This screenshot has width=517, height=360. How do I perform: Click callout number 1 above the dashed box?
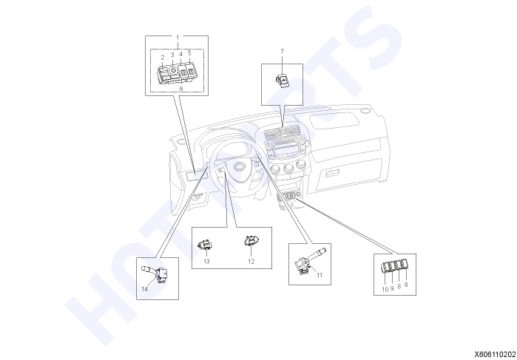click(178, 37)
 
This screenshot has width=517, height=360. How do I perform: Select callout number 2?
click(163, 58)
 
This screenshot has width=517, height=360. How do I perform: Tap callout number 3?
click(172, 55)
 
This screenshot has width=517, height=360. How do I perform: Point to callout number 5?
click(189, 52)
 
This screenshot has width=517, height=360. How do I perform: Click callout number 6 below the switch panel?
click(180, 89)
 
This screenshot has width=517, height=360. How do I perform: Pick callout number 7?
click(283, 51)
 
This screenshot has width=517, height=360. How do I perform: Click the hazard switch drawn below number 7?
click(283, 79)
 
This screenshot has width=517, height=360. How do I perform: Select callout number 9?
click(392, 288)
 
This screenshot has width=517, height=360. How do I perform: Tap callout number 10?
click(385, 290)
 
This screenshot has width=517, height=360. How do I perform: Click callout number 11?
click(320, 275)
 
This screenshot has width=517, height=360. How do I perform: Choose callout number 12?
click(251, 262)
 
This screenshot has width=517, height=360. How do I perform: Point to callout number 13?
click(206, 262)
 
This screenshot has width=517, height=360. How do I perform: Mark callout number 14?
click(145, 289)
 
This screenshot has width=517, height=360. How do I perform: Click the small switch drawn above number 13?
click(206, 245)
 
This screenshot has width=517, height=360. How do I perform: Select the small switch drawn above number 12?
click(251, 241)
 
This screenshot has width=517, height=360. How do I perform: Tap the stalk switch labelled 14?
click(155, 274)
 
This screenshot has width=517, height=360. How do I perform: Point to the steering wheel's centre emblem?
click(238, 168)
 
